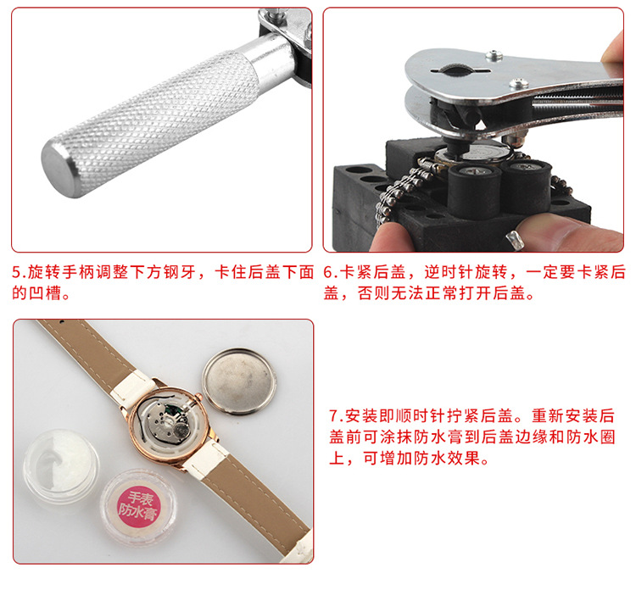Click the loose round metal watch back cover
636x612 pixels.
(239, 381)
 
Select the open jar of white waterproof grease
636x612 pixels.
(61, 466)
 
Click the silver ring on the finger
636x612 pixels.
(515, 240)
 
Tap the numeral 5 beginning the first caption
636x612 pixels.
(16, 272)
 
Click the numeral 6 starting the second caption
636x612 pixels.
(327, 272)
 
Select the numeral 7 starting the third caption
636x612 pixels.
(333, 415)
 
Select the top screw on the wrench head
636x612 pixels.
(494, 55)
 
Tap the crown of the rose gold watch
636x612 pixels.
(198, 396)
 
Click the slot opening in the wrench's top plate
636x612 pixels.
(460, 70)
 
